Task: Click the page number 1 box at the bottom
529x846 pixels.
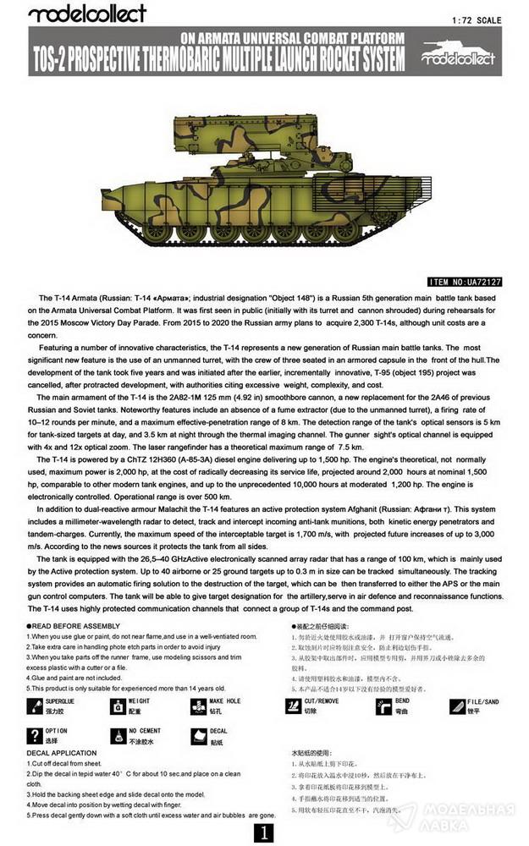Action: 265,832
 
